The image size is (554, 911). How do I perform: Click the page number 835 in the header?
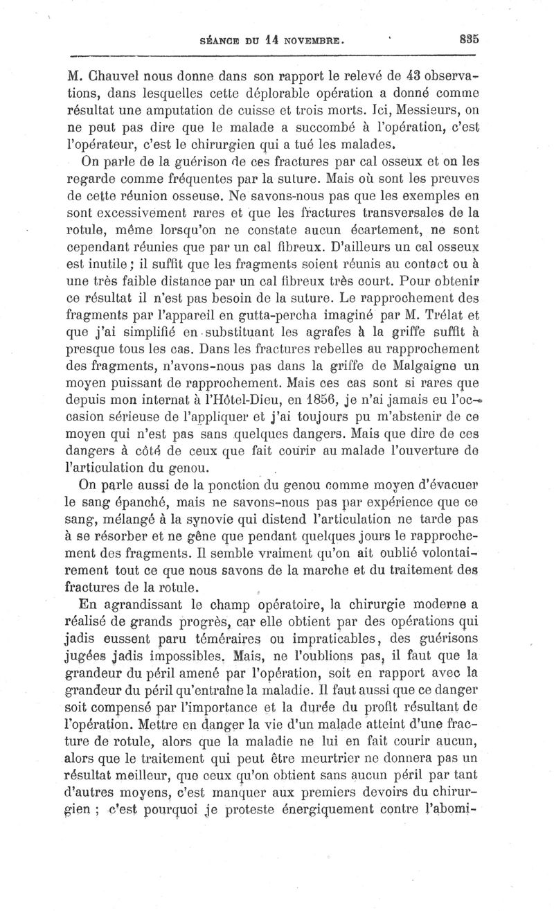click(x=469, y=40)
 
